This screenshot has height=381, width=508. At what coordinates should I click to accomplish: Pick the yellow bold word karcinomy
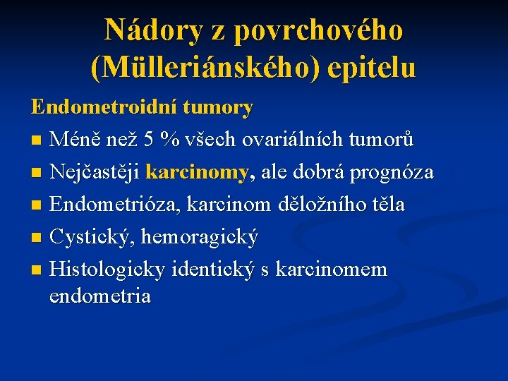(197, 172)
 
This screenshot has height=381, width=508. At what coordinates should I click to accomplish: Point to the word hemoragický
(200, 237)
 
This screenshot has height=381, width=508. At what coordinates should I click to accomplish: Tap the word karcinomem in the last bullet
(332, 270)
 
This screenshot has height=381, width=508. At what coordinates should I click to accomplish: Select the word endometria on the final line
(100, 296)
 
